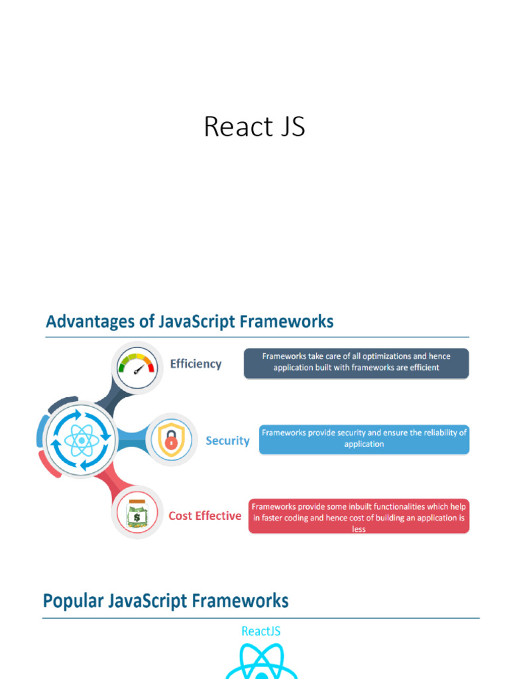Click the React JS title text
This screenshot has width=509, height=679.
click(x=254, y=127)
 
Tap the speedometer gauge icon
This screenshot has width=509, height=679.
click(x=136, y=365)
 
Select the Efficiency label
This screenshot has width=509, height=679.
click(x=196, y=364)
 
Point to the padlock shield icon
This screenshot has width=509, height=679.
click(x=171, y=440)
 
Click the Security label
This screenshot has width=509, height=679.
click(x=227, y=441)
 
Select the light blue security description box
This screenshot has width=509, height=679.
click(x=364, y=438)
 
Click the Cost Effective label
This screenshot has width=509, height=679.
click(x=205, y=516)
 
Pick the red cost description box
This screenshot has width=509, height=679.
click(x=359, y=517)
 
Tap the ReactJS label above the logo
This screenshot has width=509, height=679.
click(x=260, y=631)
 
